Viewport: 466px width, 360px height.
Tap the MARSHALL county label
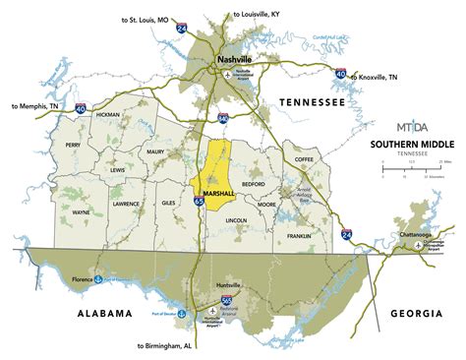pyautogui.click(x=217, y=194)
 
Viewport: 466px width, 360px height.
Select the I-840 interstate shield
pyautogui.click(x=223, y=117)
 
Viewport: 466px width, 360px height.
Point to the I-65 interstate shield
pyautogui.click(x=200, y=201)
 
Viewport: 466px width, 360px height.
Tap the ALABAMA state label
pyautogui.click(x=98, y=314)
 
